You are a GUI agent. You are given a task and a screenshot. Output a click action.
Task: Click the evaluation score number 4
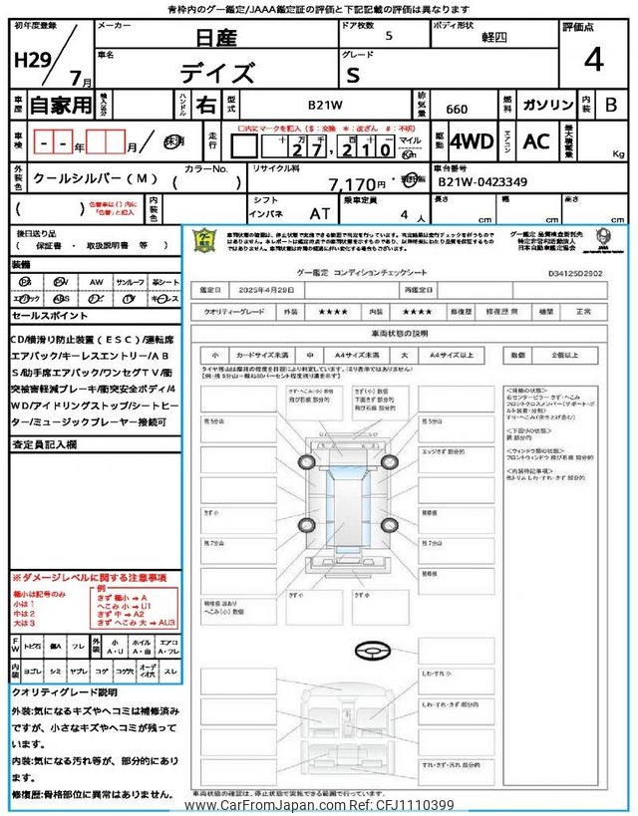point(593,59)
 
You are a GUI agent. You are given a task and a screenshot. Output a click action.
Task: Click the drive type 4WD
point(472,141)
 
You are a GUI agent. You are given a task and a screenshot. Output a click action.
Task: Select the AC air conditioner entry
point(537,141)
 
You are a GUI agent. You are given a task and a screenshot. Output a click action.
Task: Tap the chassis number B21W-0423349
point(483,182)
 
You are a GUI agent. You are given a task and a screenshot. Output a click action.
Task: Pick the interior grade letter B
point(611,104)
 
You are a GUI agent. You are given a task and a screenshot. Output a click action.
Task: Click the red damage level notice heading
point(89,578)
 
